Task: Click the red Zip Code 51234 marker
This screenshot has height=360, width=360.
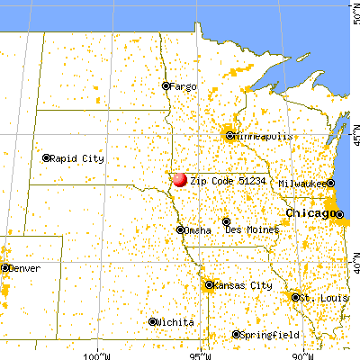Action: click(x=180, y=180)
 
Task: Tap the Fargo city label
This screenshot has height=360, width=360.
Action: click(x=184, y=86)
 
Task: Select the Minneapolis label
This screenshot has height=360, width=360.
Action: click(x=262, y=136)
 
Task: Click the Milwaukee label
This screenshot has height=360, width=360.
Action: click(x=301, y=183)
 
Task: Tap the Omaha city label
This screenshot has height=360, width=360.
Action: click(x=197, y=230)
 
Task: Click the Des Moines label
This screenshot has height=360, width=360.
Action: click(x=252, y=230)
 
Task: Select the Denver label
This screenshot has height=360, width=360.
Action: click(x=24, y=268)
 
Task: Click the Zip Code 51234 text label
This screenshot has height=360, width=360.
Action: click(x=223, y=180)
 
